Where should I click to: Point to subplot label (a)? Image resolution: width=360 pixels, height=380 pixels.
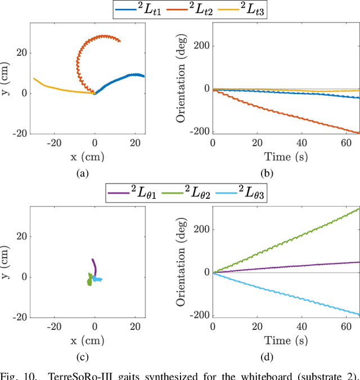(83, 173)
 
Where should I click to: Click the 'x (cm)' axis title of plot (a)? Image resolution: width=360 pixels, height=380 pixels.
(83, 157)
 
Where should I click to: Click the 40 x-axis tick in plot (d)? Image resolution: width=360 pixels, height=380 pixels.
(300, 327)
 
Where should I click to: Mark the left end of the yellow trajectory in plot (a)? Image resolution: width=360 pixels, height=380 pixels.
(34, 79)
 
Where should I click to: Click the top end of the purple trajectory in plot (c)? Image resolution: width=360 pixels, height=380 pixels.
(92, 260)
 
